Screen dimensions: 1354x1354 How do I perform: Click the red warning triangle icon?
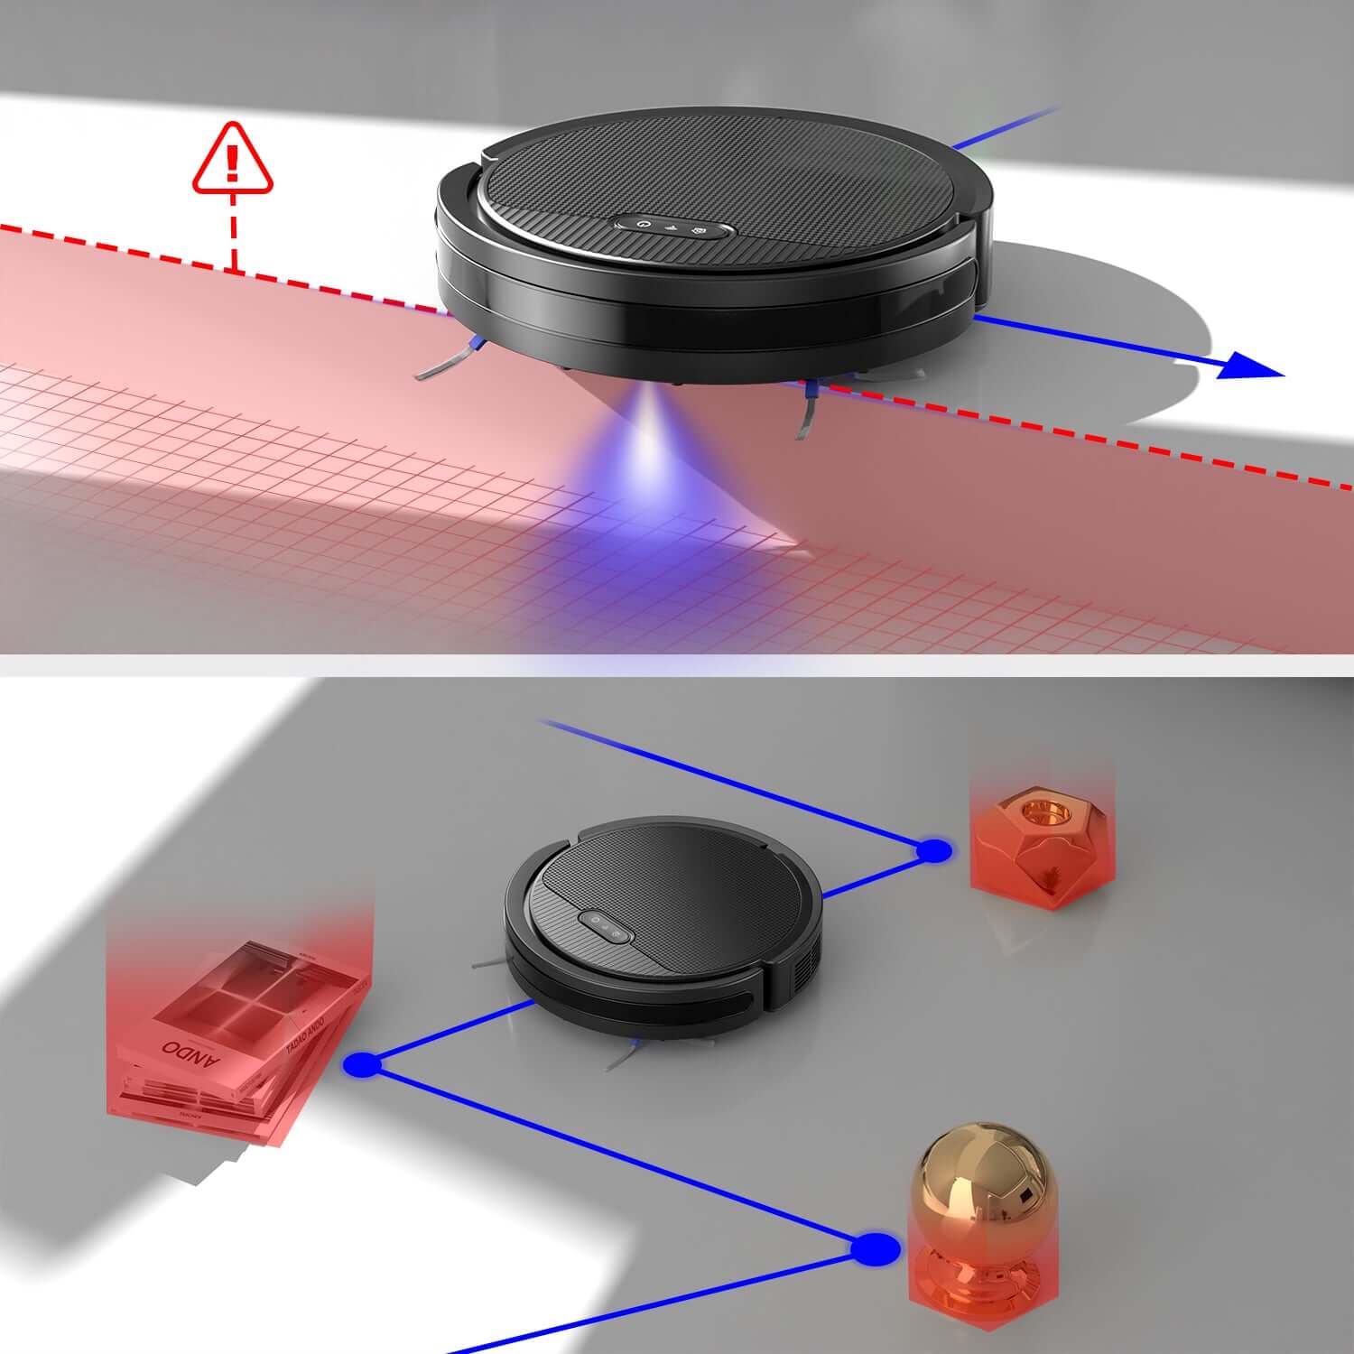coord(232,160)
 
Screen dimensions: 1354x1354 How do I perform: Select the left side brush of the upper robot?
coord(450,358)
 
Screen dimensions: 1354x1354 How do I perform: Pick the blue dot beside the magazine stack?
coord(363,1065)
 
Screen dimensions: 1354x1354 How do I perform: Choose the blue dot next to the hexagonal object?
coord(933,849)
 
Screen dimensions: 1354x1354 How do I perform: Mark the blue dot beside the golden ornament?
coord(875,1249)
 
